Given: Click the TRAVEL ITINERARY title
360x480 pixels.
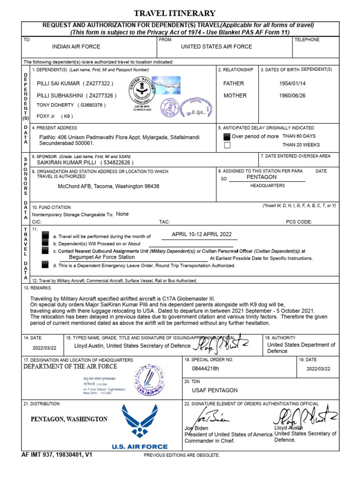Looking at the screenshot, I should click(175, 13).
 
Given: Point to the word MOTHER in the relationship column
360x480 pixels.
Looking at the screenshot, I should click(235, 95).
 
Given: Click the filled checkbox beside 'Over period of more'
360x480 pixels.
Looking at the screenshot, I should click(227, 136).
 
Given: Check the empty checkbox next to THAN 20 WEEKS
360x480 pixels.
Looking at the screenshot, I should click(227, 145).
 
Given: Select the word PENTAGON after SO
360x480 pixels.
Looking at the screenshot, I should click(262, 177).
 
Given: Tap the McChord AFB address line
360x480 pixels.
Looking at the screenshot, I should click(108, 186).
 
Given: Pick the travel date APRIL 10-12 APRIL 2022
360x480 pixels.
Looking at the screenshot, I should click(202, 234).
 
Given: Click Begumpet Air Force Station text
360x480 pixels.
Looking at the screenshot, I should click(102, 257).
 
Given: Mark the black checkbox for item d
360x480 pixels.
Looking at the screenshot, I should click(45, 265).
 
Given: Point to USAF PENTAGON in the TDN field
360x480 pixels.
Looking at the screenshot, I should click(215, 390).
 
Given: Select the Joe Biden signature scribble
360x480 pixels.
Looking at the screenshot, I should click(206, 415).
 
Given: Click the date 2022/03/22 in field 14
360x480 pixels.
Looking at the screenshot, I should click(44, 348).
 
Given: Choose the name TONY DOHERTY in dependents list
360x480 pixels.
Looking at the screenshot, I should click(55, 105).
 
